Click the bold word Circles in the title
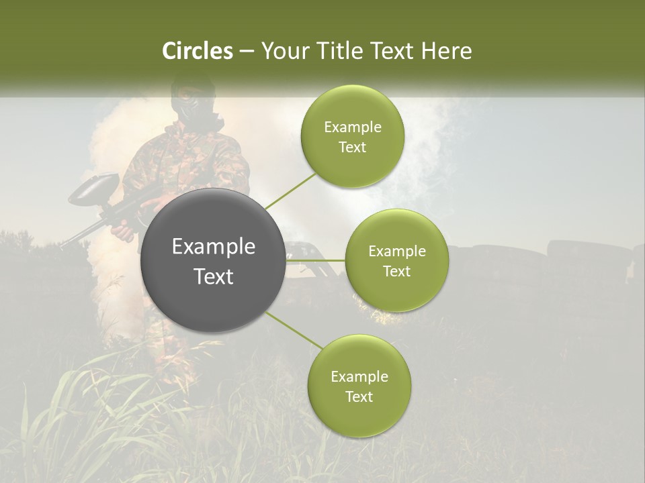coord(198,51)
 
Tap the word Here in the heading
coord(446,51)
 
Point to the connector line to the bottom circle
coord(294,331)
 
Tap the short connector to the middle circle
coord(316,260)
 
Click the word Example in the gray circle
coord(214,247)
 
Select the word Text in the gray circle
coord(214,276)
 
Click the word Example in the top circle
coord(353,127)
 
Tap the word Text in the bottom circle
coord(359,397)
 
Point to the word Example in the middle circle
coord(397,252)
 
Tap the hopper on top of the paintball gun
coord(94,188)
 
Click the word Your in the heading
coord(282,51)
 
